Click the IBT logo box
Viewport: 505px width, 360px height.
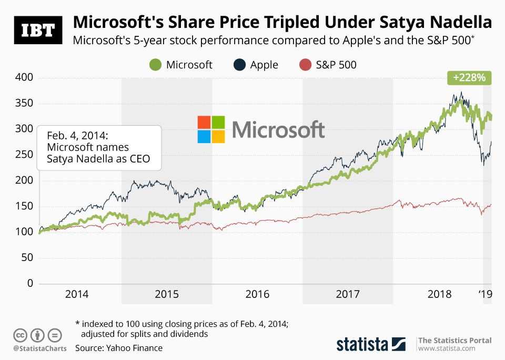38,30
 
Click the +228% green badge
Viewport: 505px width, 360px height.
469,78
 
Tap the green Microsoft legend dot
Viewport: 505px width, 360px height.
155,65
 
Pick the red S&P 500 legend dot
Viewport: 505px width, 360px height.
305,65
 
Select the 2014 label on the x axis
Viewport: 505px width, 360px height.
76,294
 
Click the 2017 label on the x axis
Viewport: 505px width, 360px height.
348,294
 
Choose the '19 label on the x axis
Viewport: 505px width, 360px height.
484,294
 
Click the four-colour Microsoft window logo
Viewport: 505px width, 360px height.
211,129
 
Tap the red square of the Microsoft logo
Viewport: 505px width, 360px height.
204,122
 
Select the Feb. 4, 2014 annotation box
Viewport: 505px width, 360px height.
99,147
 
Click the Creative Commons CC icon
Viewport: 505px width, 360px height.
21,335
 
